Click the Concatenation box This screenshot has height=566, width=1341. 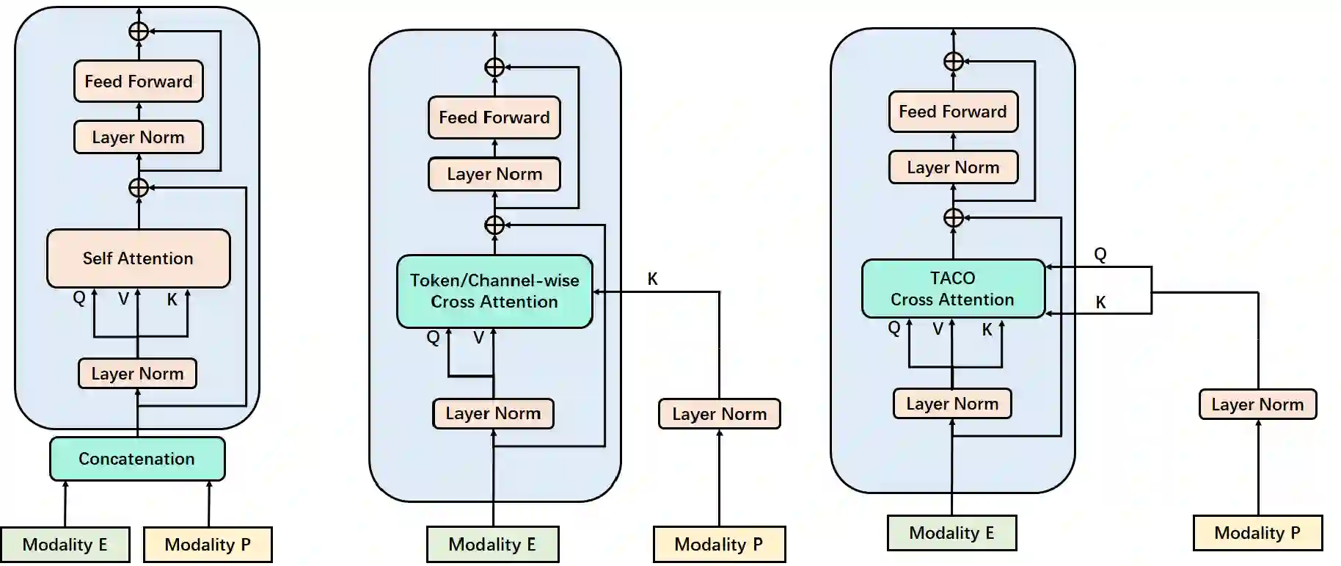pos(137,459)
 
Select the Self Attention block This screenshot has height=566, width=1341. pos(138,258)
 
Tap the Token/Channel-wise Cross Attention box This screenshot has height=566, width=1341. pos(494,291)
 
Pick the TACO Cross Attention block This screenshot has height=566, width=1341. pos(952,289)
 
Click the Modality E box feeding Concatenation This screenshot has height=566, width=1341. pos(65,545)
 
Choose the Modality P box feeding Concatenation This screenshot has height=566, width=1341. pos(208,545)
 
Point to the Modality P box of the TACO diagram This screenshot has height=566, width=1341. pos(1257,533)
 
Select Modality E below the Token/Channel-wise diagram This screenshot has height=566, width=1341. pos(492,545)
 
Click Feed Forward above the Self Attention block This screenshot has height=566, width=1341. pos(139,81)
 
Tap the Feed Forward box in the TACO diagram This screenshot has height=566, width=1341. pos(953,112)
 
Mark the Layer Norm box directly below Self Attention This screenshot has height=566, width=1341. pos(137,374)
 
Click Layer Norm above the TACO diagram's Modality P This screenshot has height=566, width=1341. pos(1257,404)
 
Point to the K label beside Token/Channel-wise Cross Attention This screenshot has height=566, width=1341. pos(652,279)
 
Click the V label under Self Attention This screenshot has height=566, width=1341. pos(123,299)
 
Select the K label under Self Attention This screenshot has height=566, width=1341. pos(172,300)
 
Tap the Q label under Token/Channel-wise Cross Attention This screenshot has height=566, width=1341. pos(433,337)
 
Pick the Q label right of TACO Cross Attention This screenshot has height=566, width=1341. pos(1100,254)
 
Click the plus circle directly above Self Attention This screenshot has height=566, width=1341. pos(139,188)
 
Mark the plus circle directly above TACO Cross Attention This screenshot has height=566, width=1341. pos(953,218)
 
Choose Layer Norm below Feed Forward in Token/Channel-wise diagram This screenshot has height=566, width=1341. pos(494,175)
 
